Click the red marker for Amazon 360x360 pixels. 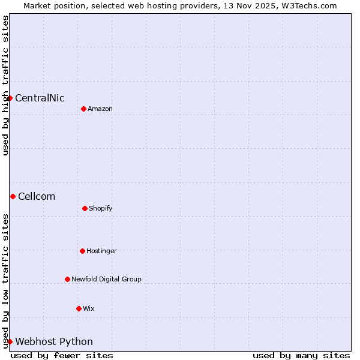[x=83, y=109]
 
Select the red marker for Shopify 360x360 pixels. [x=85, y=208]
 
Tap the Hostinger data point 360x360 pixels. [x=82, y=251]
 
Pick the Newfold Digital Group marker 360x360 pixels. [x=67, y=279]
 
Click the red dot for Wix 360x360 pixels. [x=79, y=308]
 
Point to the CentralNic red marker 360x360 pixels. [x=10, y=98]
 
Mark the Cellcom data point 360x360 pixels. [x=13, y=196]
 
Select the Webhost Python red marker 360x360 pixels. [x=10, y=341]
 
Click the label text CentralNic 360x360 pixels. [x=40, y=98]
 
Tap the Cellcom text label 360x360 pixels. [x=37, y=197]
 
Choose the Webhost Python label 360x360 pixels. [x=54, y=342]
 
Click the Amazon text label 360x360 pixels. [x=100, y=109]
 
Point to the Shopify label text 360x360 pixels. [x=101, y=209]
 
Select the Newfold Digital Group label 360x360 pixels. [x=106, y=280]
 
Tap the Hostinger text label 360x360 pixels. [x=101, y=251]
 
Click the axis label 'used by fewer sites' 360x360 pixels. [x=62, y=355]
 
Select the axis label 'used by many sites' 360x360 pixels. [x=301, y=355]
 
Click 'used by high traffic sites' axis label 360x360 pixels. [x=5, y=85]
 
